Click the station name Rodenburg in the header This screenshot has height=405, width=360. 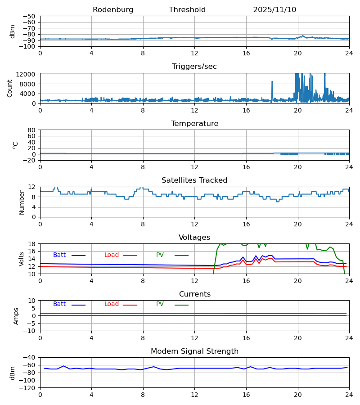pos(113,10)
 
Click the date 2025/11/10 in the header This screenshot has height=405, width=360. pos(274,10)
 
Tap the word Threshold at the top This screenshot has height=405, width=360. pos(187,10)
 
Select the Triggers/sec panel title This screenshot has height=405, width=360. pos(194,67)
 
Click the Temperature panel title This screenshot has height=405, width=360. pos(194,124)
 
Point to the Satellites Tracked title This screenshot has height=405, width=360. pos(194,180)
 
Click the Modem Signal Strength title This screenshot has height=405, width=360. pos(194,351)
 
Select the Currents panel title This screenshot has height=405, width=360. pos(194,294)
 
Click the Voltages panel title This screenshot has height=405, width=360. pos(194,238)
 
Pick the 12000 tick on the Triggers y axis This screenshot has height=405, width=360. pos(28,74)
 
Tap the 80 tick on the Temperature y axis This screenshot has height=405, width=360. pos(31,130)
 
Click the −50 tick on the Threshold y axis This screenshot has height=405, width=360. pos(30,16)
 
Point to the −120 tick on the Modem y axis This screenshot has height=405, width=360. pos(28,387)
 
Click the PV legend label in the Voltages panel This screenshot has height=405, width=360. pos(160,255)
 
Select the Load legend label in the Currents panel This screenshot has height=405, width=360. pos(112,304)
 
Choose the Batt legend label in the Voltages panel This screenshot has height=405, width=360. pos(59,255)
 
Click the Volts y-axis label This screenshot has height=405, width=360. pos(22,259)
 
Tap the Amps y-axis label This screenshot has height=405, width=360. pos(16,316)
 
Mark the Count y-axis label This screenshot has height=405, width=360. pos(10,88)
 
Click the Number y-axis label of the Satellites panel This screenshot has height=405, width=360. pos(22,202)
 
